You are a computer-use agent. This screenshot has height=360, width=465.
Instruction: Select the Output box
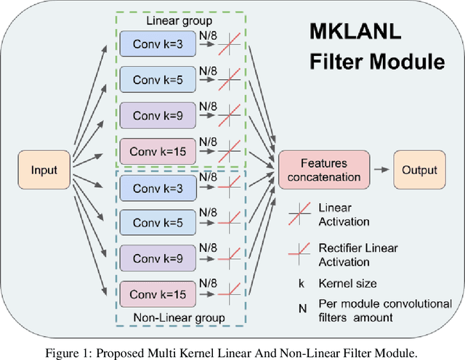pos(421,171)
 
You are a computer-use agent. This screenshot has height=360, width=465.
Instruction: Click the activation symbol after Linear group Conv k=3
pos(231,44)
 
